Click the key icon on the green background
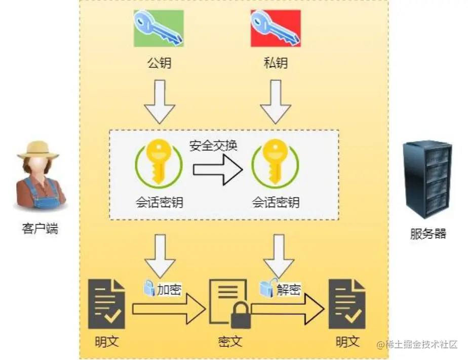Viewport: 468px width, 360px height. click(159, 28)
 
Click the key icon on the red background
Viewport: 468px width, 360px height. click(276, 28)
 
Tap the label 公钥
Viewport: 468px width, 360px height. click(159, 63)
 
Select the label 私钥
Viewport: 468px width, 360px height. click(276, 63)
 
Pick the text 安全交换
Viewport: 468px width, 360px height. click(214, 146)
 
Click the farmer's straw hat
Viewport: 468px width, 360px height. click(38, 149)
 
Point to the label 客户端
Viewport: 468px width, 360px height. click(40, 228)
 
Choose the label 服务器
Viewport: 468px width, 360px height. click(428, 234)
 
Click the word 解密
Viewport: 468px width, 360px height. click(288, 290)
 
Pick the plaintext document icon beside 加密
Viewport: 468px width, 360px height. click(107, 303)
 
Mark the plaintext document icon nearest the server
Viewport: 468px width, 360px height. click(347, 303)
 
